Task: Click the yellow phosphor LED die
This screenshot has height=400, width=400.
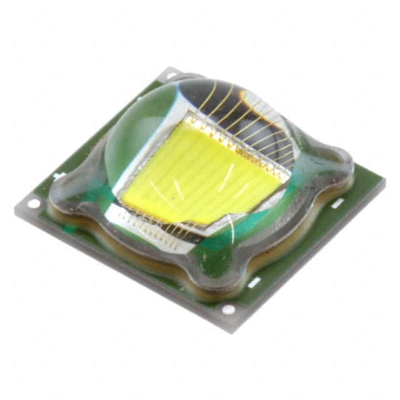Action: [x=200, y=172]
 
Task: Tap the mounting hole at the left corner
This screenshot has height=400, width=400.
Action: [x=32, y=203]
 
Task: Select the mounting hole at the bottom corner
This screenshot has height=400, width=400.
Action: [x=228, y=309]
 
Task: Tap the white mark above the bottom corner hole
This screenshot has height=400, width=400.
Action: [x=253, y=283]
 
